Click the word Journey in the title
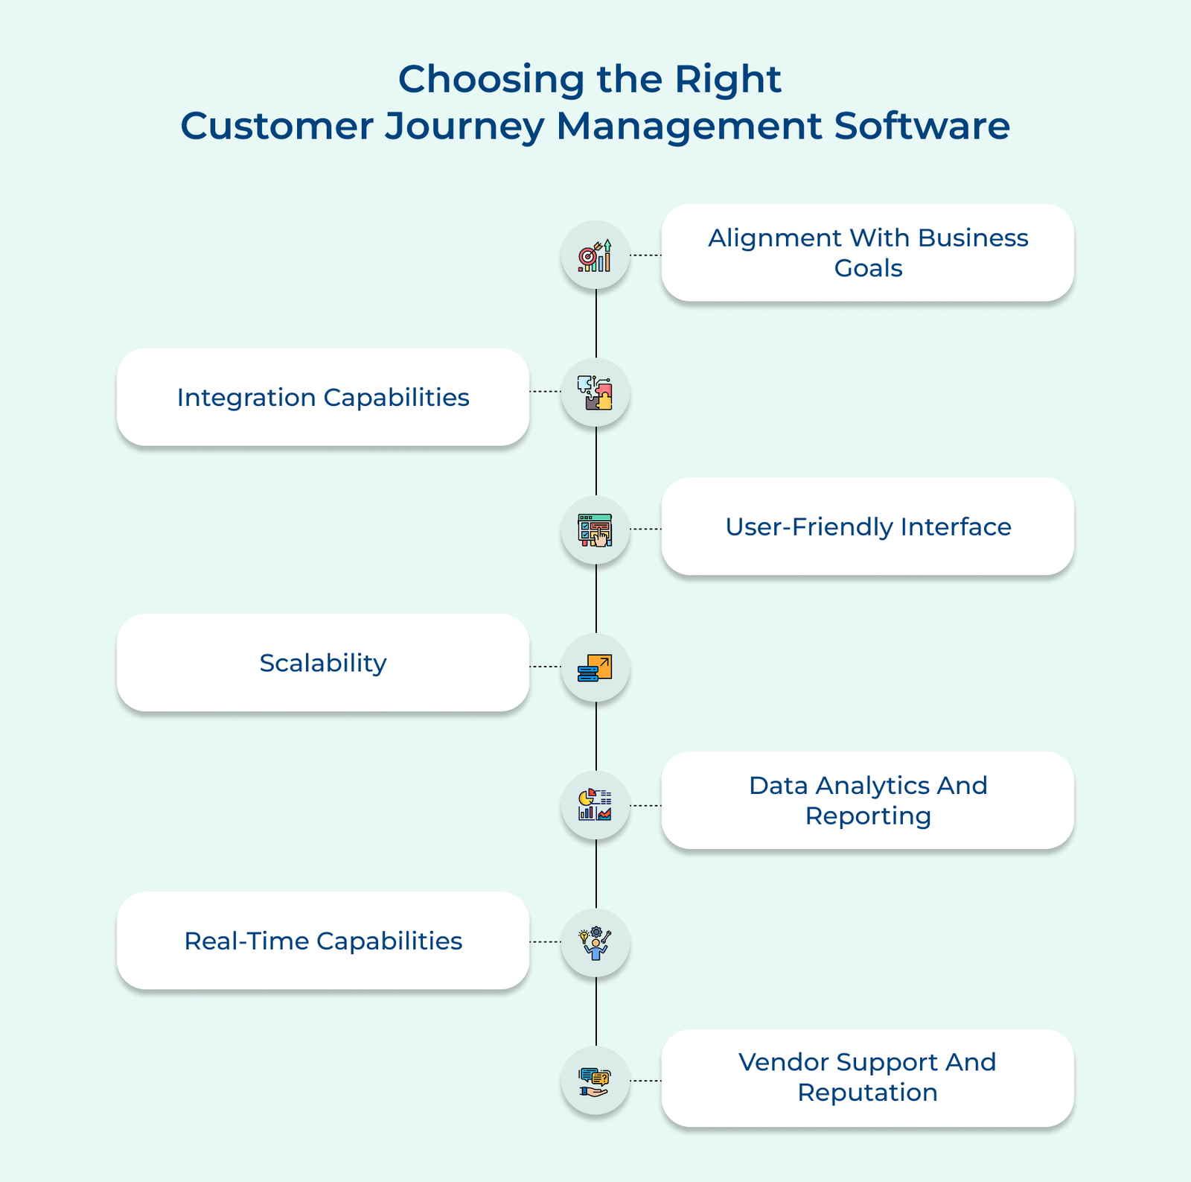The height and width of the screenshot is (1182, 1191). [x=465, y=126]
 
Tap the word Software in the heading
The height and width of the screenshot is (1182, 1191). [x=922, y=126]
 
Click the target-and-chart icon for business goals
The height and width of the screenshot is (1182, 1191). [x=595, y=255]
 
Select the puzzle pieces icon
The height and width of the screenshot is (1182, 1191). [x=595, y=393]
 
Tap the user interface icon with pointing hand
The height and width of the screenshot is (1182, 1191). [x=595, y=530]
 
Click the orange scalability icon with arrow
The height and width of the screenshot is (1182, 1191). [x=595, y=668]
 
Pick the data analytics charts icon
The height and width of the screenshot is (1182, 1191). [x=595, y=805]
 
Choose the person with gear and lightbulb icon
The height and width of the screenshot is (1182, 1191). [x=595, y=944]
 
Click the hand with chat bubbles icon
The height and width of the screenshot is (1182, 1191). [x=595, y=1081]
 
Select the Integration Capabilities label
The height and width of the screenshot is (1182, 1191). [x=323, y=398]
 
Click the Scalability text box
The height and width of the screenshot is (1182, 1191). [x=323, y=663]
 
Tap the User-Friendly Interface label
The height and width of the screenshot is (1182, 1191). [x=868, y=527]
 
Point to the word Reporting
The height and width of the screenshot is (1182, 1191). [x=868, y=816]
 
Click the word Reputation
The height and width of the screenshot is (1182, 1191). [x=868, y=1093]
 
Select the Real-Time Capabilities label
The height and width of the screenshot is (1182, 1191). [x=323, y=941]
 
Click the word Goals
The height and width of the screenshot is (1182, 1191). [x=868, y=268]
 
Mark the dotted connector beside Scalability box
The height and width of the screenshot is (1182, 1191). [x=546, y=667]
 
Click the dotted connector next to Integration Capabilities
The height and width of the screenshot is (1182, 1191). [x=546, y=391]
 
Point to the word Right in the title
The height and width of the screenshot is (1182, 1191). [x=727, y=79]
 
